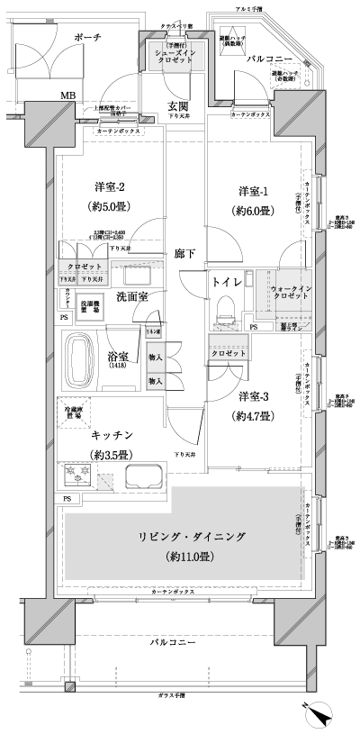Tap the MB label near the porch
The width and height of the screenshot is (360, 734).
68,94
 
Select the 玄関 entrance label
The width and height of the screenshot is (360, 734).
176,106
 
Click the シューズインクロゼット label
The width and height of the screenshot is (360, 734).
175,59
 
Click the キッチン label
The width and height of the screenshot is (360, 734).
112,433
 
